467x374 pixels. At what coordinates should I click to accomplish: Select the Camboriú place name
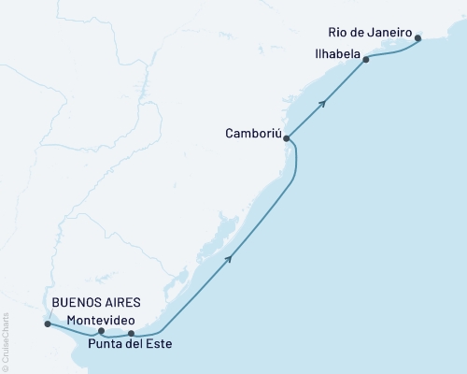(x=250, y=134)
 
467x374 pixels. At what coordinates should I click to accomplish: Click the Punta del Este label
(x=130, y=344)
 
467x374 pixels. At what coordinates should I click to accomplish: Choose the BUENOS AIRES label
(x=96, y=303)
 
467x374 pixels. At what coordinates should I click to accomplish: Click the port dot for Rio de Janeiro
(x=417, y=38)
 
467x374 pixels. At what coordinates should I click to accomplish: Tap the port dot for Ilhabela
(x=366, y=60)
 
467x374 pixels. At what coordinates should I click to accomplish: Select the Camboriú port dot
(x=287, y=139)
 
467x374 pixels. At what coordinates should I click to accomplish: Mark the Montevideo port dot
(x=101, y=331)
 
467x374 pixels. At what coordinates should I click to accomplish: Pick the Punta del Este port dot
(x=132, y=333)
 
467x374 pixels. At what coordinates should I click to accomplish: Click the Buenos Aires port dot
(x=48, y=324)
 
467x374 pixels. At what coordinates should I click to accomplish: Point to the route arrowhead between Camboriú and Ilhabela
(x=322, y=103)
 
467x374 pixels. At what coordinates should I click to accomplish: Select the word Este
(x=158, y=344)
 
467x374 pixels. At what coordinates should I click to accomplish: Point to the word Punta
(x=105, y=344)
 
